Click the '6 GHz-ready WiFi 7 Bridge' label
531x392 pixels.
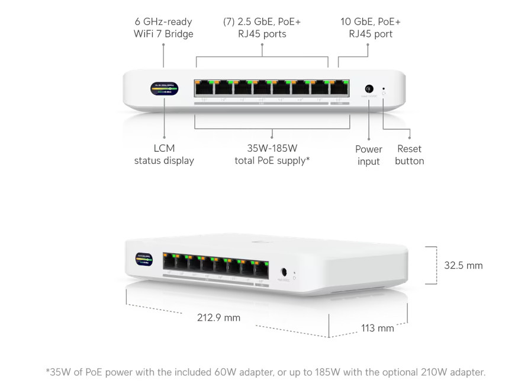pyautogui.click(x=163, y=28)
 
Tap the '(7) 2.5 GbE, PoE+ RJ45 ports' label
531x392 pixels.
pyautogui.click(x=262, y=28)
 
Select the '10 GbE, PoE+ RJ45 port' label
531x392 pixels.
pyautogui.click(x=371, y=28)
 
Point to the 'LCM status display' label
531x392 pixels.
pyautogui.click(x=164, y=154)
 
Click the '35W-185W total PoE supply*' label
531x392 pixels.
pyautogui.click(x=272, y=154)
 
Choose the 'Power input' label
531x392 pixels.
pyautogui.click(x=369, y=155)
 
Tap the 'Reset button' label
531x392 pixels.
pyautogui.click(x=410, y=154)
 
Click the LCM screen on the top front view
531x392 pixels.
pyautogui.click(x=164, y=88)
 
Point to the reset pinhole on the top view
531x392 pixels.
pyautogui.click(x=384, y=87)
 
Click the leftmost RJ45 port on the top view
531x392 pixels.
pyautogui.click(x=204, y=88)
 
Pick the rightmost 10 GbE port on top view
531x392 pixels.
pyautogui.click(x=339, y=88)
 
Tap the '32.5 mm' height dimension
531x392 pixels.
pyautogui.click(x=464, y=265)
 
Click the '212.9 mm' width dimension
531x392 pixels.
pyautogui.click(x=219, y=317)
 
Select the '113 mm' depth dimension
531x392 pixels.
pyautogui.click(x=377, y=327)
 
